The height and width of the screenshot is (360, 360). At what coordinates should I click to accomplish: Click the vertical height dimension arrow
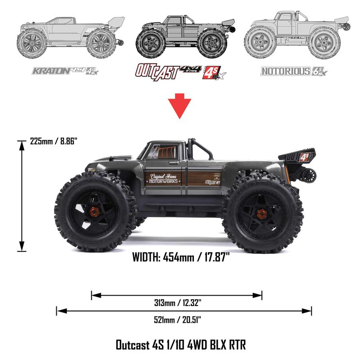click(21, 196)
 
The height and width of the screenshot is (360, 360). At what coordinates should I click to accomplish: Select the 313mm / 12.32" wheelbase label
click(176, 303)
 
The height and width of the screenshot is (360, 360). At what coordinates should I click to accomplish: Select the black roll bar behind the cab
click(201, 148)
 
